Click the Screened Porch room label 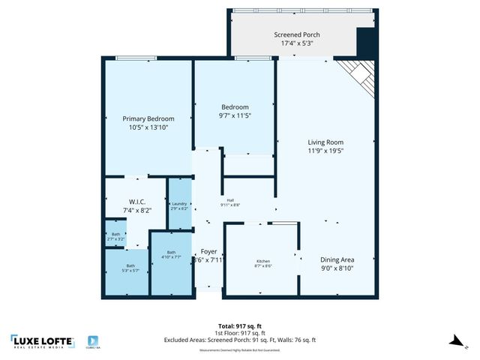click(297, 34)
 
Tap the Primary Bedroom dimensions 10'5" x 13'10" click(148, 128)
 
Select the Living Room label click(325, 142)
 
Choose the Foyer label click(208, 251)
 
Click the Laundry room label click(179, 204)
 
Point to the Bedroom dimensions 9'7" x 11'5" click(234, 115)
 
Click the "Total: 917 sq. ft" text click(239, 325)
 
